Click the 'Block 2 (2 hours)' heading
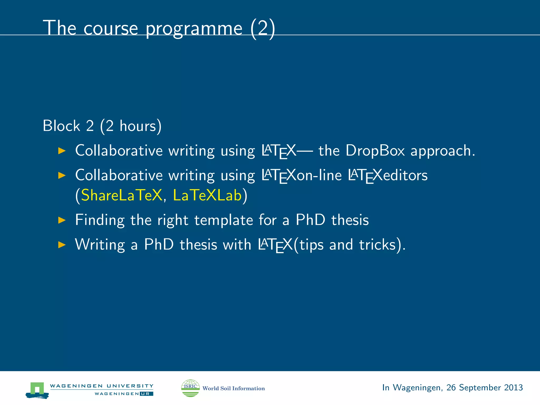[102, 126]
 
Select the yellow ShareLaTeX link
[122, 195]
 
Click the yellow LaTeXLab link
[207, 195]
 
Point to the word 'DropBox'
[375, 151]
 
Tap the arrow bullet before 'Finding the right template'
[62, 220]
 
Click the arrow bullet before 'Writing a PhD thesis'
[62, 245]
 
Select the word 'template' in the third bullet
[224, 220]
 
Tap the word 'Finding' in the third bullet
[100, 220]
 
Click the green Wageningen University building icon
[37, 390]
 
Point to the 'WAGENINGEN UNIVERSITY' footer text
[102, 386]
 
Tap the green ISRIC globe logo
[190, 388]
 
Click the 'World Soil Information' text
[233, 388]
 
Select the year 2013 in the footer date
[513, 387]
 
